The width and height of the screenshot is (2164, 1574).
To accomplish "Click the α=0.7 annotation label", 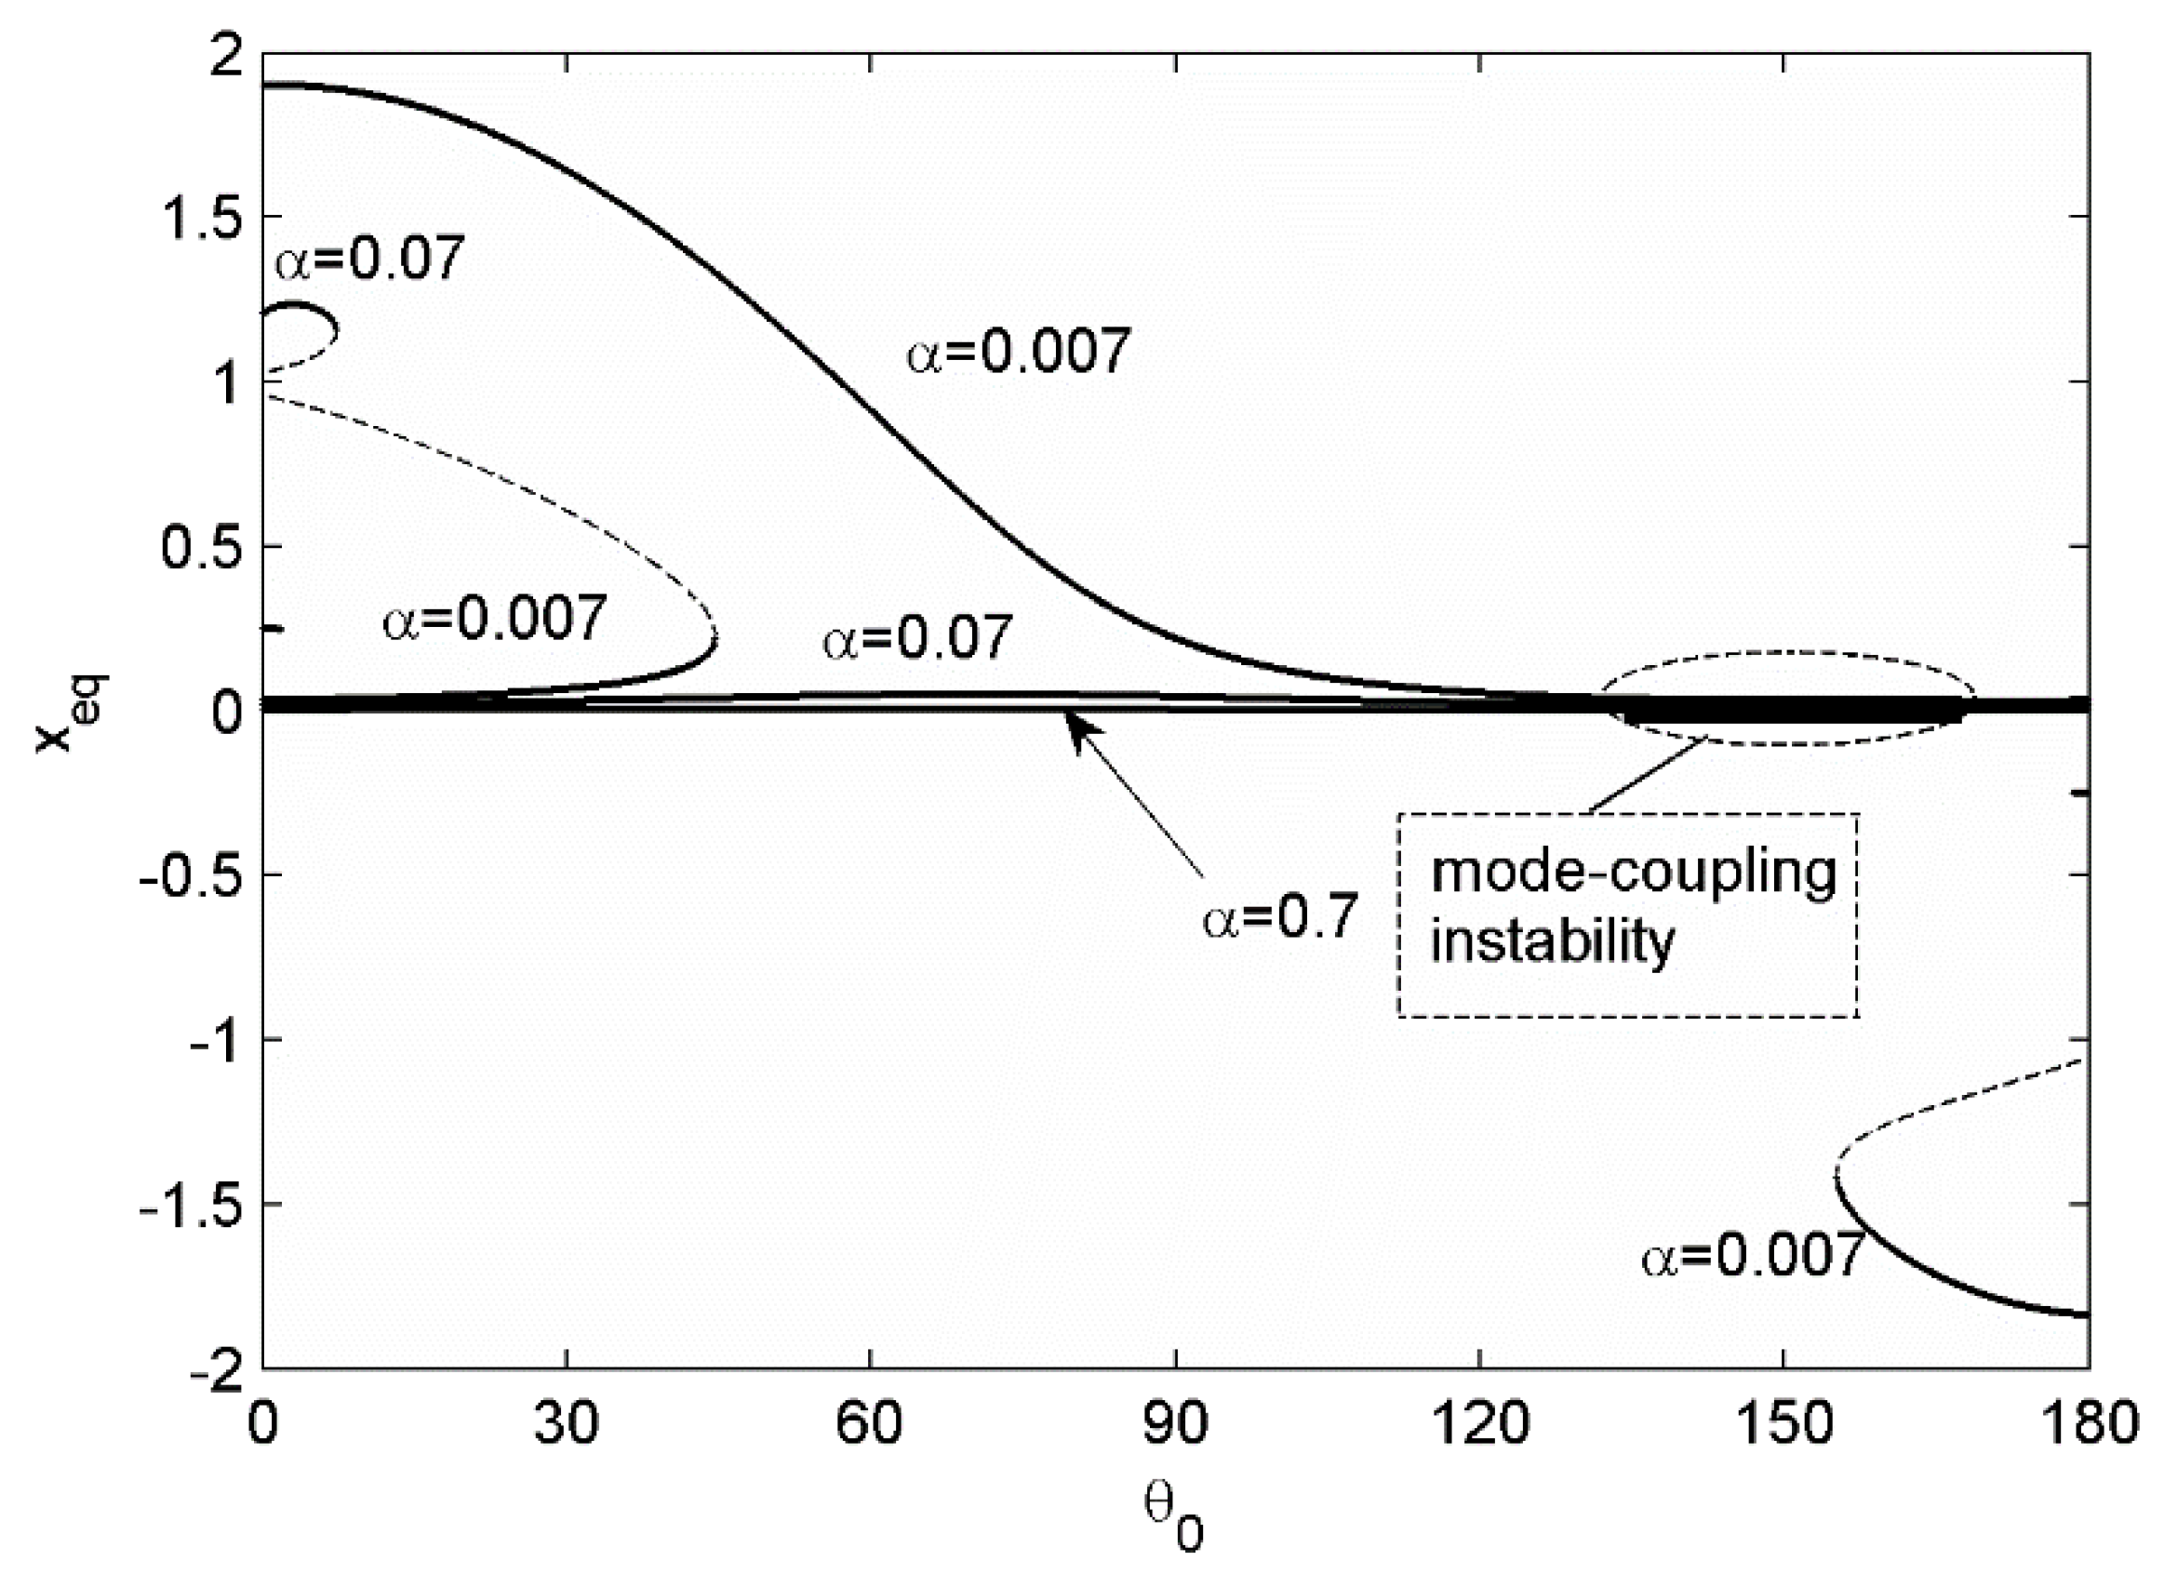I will (1278, 917).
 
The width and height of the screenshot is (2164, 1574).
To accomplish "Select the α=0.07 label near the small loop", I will (370, 258).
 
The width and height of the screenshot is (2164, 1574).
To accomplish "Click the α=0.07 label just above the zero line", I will (916, 637).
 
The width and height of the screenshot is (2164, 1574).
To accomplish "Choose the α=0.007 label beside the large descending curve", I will (1017, 350).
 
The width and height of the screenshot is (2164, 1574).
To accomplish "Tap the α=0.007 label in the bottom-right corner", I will (1752, 1254).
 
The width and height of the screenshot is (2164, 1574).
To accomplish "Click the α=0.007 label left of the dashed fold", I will (494, 617).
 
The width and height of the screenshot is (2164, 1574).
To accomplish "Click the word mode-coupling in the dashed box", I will (1634, 873).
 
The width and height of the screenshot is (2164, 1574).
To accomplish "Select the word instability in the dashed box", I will (1553, 940).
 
